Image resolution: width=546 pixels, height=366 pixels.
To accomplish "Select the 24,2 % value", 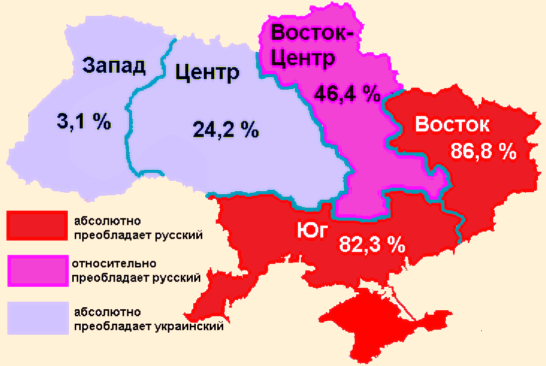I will tap(226, 130).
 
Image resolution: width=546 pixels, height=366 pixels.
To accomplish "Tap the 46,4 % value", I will tap(347, 93).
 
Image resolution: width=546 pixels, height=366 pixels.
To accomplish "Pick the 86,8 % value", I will tap(483, 151).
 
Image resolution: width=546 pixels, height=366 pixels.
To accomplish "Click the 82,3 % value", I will tap(372, 244).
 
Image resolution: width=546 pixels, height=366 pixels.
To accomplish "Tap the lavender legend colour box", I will tap(37, 318).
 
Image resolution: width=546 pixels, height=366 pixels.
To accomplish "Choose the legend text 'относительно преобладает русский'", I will tap(136, 270).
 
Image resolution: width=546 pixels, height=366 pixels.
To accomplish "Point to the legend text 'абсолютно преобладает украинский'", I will tap(147, 320).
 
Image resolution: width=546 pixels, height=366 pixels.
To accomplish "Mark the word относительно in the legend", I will tap(114, 263).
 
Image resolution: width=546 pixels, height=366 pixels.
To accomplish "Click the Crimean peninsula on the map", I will tap(379, 324).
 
